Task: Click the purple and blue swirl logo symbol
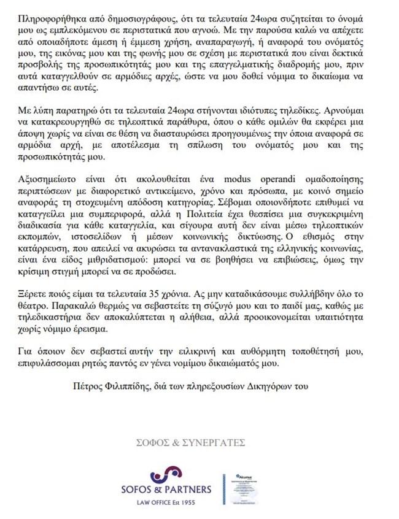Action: coord(166,474)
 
